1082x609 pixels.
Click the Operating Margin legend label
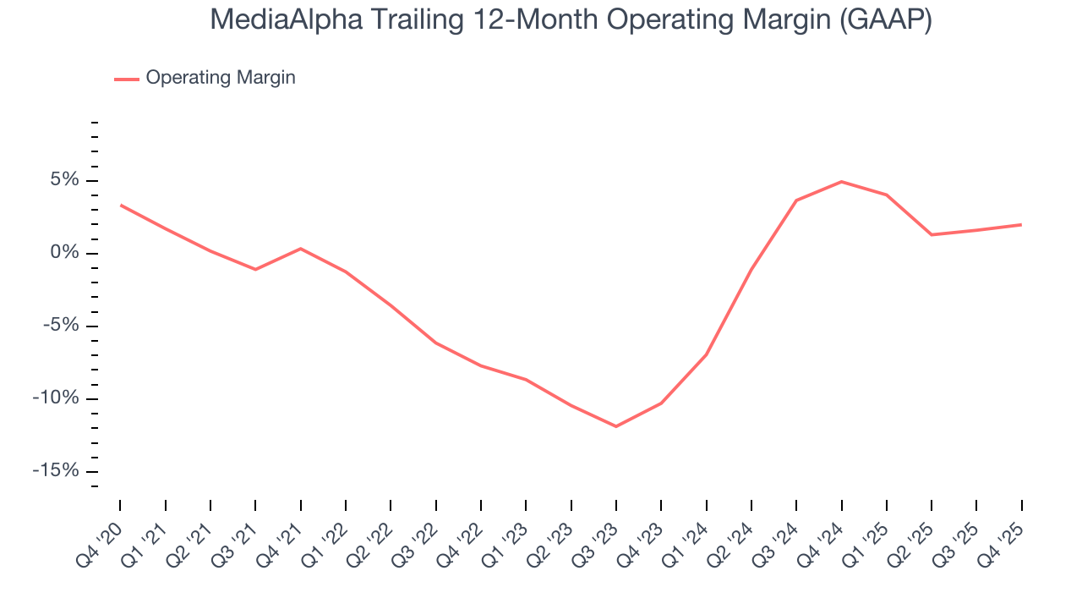[221, 78]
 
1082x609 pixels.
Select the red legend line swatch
[126, 79]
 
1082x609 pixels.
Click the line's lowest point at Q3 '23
[616, 426]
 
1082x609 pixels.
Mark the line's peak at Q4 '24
[841, 182]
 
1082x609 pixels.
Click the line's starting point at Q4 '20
[120, 205]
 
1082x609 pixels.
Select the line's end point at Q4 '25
[1021, 225]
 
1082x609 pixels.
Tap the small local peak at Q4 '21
[300, 249]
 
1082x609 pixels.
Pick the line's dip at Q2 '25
[932, 234]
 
